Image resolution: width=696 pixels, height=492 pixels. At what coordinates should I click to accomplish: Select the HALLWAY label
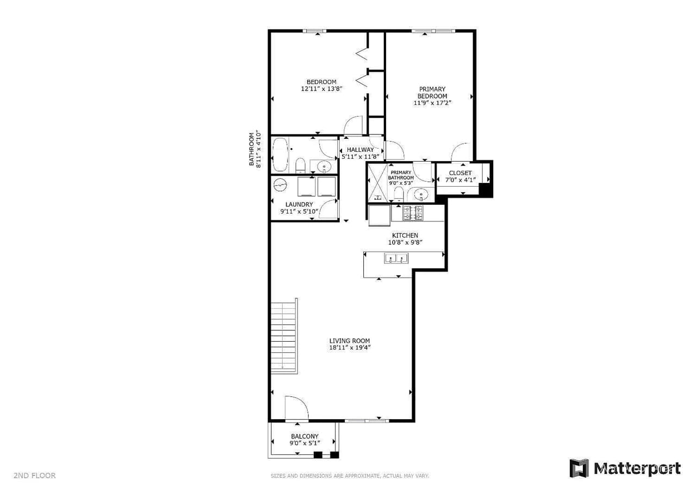tap(361, 150)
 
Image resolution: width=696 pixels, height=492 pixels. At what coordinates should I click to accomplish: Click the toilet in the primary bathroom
tap(399, 194)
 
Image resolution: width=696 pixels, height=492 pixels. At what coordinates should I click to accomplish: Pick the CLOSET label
tap(460, 173)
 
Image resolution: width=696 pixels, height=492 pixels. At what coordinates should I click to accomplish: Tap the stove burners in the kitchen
tap(413, 213)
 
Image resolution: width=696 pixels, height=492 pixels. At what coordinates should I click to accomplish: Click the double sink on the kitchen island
tap(396, 259)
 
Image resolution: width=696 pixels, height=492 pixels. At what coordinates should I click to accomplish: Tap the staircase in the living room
tap(284, 336)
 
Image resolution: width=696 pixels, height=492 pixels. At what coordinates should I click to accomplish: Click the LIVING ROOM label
tap(349, 341)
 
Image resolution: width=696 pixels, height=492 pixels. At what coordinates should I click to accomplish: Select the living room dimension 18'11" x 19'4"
tap(349, 348)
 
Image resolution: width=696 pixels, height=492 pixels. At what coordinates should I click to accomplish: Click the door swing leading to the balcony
tap(295, 409)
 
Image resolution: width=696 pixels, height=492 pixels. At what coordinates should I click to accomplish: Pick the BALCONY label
tap(304, 436)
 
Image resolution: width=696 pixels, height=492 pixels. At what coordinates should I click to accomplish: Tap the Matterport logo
tap(625, 469)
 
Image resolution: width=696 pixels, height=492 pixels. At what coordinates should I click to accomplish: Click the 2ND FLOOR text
tap(35, 476)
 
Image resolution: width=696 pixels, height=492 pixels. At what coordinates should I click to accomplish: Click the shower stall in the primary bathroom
tap(377, 182)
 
